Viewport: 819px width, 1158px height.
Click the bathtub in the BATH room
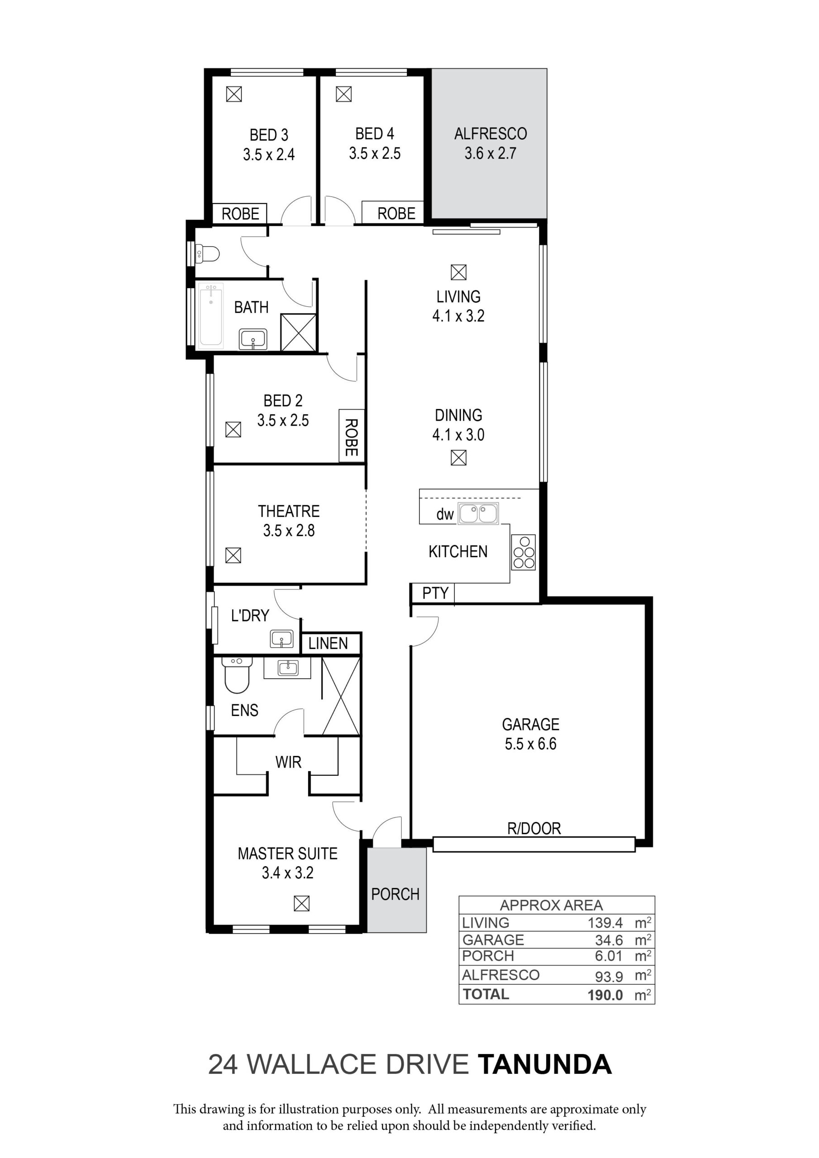pyautogui.click(x=211, y=315)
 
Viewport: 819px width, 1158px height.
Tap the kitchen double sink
pyautogui.click(x=478, y=513)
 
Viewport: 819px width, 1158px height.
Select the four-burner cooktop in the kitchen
pyautogui.click(x=523, y=552)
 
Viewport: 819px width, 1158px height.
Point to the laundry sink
pyautogui.click(x=281, y=639)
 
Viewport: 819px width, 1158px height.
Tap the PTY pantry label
pyautogui.click(x=435, y=593)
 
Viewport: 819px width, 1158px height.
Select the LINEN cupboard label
pyautogui.click(x=328, y=644)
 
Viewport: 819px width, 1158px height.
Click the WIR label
pyautogui.click(x=288, y=762)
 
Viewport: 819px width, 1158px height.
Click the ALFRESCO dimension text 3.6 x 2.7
pyautogui.click(x=490, y=153)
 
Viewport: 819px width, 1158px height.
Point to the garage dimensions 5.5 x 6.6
pyautogui.click(x=530, y=744)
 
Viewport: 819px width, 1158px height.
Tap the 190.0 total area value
pyautogui.click(x=605, y=995)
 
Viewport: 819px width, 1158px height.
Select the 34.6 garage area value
pyautogui.click(x=609, y=940)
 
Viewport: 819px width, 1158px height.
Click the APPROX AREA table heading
pyautogui.click(x=551, y=905)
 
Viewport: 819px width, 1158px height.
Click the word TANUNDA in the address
pyautogui.click(x=544, y=1065)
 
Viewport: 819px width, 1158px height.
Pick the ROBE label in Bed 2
pyautogui.click(x=351, y=437)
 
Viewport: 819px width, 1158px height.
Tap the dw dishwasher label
pyautogui.click(x=445, y=514)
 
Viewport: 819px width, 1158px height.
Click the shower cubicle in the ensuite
pyautogui.click(x=341, y=696)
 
